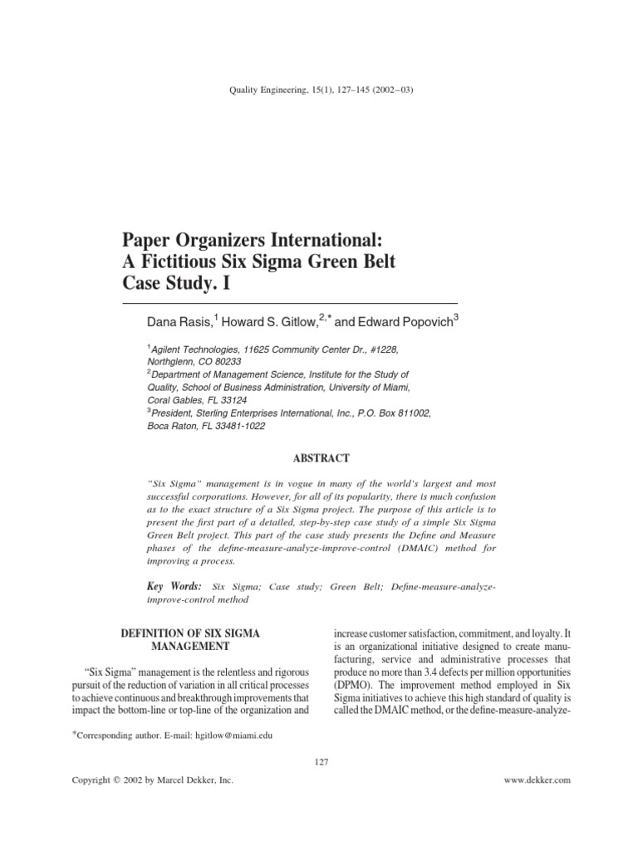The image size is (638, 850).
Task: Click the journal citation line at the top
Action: pos(319,91)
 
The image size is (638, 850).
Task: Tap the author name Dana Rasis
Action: pos(179,321)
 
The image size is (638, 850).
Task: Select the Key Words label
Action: pos(174,586)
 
